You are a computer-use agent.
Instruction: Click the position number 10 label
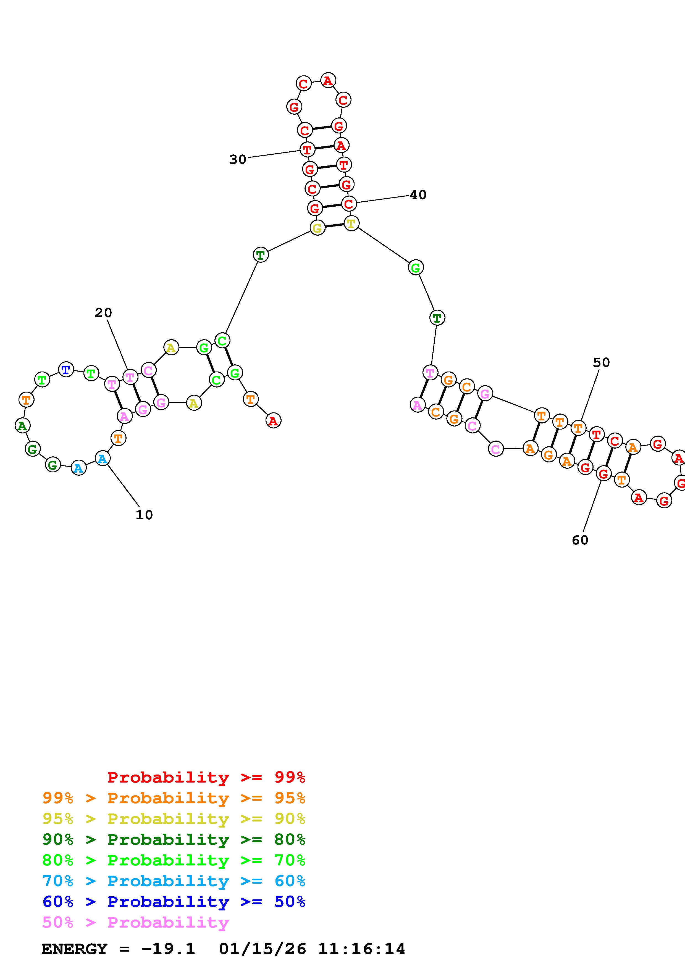click(144, 515)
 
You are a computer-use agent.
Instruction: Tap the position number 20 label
click(103, 313)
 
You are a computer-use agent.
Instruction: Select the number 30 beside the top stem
click(238, 160)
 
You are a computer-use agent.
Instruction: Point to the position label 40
click(418, 195)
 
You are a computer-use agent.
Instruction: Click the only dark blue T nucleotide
click(66, 370)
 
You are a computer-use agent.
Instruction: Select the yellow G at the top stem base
click(317, 228)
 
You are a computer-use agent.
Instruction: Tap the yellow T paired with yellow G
click(351, 223)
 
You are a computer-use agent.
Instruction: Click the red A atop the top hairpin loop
click(328, 80)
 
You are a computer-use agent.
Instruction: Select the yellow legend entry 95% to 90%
click(174, 819)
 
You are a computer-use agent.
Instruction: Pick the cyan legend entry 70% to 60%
click(174, 881)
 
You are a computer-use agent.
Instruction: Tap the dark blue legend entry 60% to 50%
click(174, 902)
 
